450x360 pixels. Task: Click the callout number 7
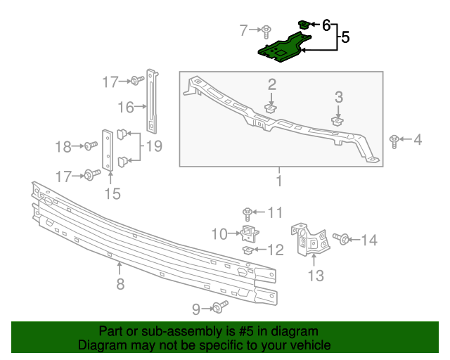pyautogui.click(x=244, y=30)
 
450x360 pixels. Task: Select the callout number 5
pyautogui.click(x=345, y=38)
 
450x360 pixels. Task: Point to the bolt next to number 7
pyautogui.click(x=268, y=30)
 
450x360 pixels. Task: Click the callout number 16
pyautogui.click(x=126, y=107)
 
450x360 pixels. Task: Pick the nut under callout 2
pyautogui.click(x=271, y=108)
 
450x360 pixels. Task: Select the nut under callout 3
pyautogui.click(x=338, y=120)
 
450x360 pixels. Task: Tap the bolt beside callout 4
pyautogui.click(x=394, y=141)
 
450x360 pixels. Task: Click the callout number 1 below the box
pyautogui.click(x=278, y=181)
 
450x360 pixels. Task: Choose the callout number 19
pyautogui.click(x=154, y=146)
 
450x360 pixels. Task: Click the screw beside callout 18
pyautogui.click(x=90, y=146)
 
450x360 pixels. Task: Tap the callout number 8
pyautogui.click(x=120, y=284)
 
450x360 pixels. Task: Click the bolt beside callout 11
pyautogui.click(x=247, y=212)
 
